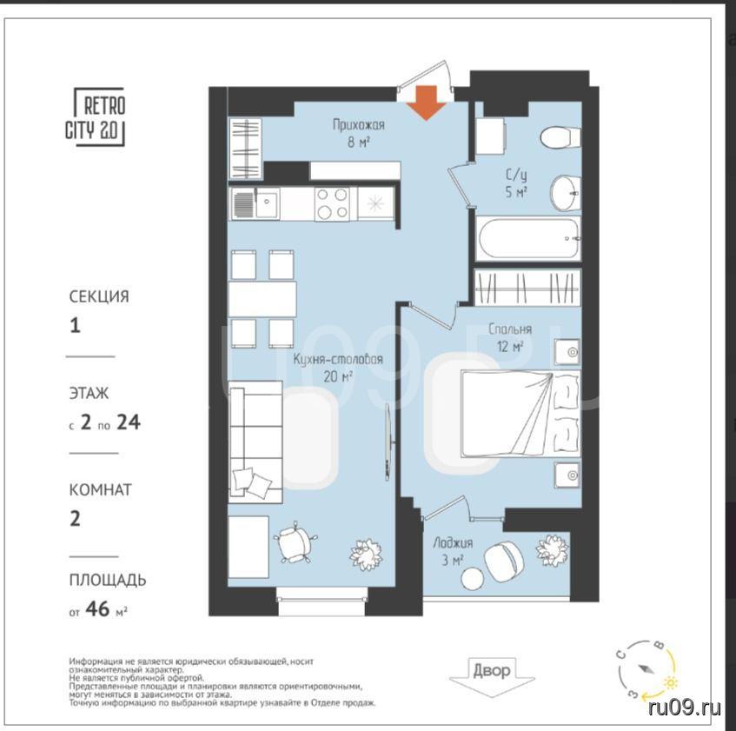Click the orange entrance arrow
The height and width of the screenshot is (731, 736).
(x=426, y=103)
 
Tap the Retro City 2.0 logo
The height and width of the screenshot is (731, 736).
(x=96, y=116)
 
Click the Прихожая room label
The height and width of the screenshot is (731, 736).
(x=359, y=125)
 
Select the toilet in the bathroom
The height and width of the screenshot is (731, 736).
(x=560, y=137)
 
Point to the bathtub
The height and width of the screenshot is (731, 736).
(x=527, y=238)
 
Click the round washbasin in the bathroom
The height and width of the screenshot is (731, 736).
(x=566, y=193)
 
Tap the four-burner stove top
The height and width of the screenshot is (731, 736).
(x=332, y=203)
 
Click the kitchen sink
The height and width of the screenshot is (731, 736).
(x=255, y=203)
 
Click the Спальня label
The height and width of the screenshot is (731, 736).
(x=510, y=329)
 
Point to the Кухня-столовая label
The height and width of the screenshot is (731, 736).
(x=338, y=360)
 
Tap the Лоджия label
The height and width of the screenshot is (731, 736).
(x=453, y=543)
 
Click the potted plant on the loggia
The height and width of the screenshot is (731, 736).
(x=553, y=550)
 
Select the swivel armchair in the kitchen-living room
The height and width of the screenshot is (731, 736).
(x=295, y=542)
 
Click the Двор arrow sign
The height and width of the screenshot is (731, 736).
(x=492, y=676)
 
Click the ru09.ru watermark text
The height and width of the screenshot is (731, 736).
(x=685, y=708)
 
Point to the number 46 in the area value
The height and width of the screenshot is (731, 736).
(x=97, y=609)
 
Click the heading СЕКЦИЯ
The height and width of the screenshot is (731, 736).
(x=99, y=296)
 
